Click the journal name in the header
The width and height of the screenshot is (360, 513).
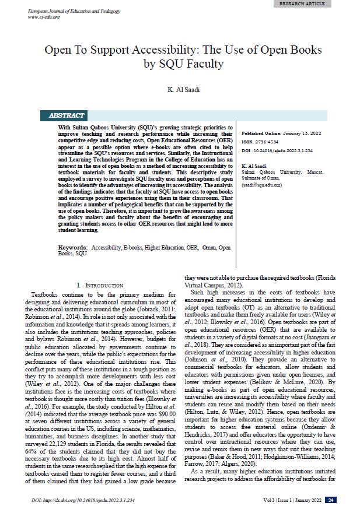(x=69, y=11)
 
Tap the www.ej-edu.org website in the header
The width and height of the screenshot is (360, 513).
(x=45, y=17)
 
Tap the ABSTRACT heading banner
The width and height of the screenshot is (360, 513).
(x=69, y=115)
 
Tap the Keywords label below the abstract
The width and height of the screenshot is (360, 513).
(x=72, y=247)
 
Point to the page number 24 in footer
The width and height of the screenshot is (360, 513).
(x=330, y=500)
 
